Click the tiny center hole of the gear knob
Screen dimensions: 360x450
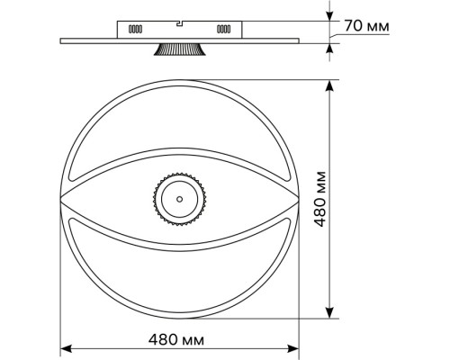pos(178,198)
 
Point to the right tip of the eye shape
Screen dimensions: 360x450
pos(297,198)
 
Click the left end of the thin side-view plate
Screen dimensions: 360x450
pos(63,40)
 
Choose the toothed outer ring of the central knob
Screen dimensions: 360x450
pos(178,176)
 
